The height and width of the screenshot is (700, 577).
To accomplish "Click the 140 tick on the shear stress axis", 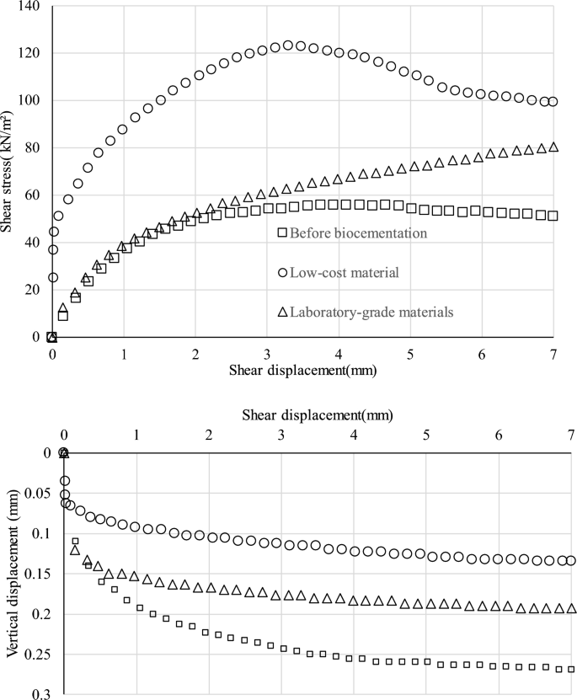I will pyautogui.click(x=34, y=6).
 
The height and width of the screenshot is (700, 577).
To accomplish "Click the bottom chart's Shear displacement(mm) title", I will pyautogui.click(x=318, y=414).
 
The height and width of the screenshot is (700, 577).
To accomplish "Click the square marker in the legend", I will pyautogui.click(x=282, y=232).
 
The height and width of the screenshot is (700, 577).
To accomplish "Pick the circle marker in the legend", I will pyautogui.click(x=282, y=272).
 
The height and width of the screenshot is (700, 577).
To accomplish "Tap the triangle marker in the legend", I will pyautogui.click(x=282, y=312).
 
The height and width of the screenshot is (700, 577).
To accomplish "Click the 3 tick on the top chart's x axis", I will pyautogui.click(x=267, y=353).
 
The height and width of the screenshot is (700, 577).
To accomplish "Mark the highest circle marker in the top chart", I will pyautogui.click(x=287, y=45).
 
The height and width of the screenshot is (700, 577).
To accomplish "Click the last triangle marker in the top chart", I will pyautogui.click(x=553, y=147).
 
